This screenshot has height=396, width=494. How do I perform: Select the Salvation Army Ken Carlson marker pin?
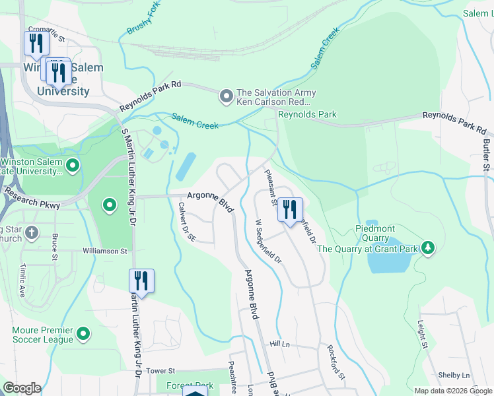(x=227, y=97)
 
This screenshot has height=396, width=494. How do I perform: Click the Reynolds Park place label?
(x=307, y=114)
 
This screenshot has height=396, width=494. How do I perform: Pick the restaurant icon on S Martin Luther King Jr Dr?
(x=141, y=281)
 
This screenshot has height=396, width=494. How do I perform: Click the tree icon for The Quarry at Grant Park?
(x=428, y=248)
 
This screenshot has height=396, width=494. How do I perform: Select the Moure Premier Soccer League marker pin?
(x=83, y=334)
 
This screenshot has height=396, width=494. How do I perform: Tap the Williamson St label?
(x=104, y=251)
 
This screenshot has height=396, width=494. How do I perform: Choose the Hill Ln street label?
(x=279, y=345)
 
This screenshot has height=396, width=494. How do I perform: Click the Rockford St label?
(x=335, y=362)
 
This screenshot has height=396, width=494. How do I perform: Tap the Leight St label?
(x=421, y=333)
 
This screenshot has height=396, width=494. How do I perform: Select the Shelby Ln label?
(x=454, y=375)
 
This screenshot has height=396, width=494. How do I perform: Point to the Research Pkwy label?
(x=32, y=200)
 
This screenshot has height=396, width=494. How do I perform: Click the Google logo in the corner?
(x=22, y=388)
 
